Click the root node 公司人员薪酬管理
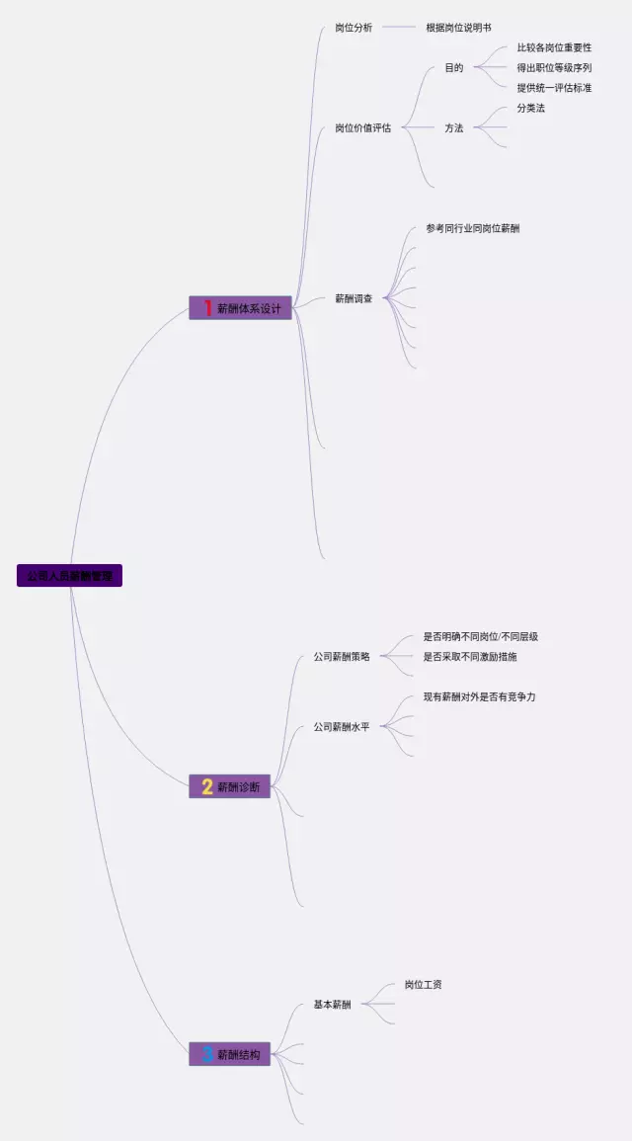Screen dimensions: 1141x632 point(69,575)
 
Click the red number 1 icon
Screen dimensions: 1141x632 point(207,308)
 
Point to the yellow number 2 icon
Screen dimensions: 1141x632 point(207,786)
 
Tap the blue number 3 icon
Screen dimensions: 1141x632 point(207,1054)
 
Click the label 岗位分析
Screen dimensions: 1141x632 point(354,28)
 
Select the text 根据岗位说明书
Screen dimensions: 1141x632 point(458,28)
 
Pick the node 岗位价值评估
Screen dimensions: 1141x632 point(362,127)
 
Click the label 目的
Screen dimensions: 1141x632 point(453,68)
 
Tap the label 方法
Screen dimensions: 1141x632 point(453,127)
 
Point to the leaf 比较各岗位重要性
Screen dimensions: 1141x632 point(554,47)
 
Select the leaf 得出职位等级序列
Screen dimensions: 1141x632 point(554,68)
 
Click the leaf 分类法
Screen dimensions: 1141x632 point(530,108)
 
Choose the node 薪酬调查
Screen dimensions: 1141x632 point(354,298)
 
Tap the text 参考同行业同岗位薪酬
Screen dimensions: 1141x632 point(473,228)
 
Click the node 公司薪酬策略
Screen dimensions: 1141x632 point(342,656)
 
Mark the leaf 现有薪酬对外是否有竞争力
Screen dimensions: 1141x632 point(479,696)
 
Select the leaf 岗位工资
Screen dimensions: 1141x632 point(423,984)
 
